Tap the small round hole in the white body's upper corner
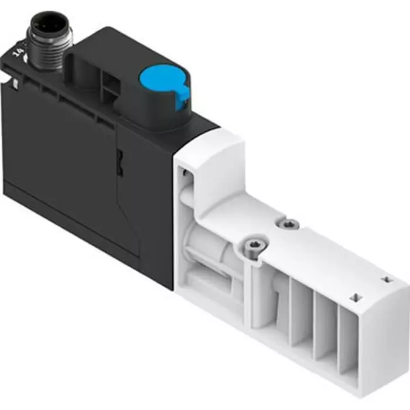(186, 173)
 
